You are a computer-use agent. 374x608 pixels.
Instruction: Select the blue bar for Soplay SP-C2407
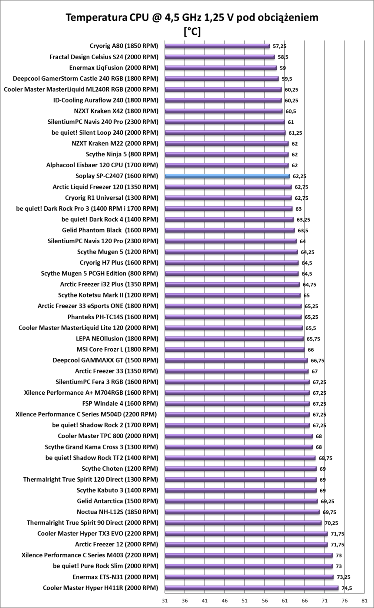227,176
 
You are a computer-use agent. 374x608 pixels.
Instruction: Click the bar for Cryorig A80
217,46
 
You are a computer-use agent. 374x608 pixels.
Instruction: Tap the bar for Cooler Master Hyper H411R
251,588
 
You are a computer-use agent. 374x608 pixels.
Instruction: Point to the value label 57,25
279,46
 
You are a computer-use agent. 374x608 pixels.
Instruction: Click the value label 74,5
346,588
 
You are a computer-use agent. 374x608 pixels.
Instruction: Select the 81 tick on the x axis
364,601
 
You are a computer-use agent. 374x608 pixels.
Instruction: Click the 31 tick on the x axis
164,601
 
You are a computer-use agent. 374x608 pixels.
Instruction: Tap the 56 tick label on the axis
264,601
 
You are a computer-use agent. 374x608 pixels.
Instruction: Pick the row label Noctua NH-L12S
117,512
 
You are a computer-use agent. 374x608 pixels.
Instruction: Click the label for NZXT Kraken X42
116,111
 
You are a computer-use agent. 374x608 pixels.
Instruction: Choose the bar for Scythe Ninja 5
226,154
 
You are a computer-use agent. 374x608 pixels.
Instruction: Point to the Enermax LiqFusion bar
220,68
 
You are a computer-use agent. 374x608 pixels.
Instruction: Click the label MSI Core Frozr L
117,349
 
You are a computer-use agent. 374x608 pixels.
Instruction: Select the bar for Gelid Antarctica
241,501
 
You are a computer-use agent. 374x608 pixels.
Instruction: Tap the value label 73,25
343,577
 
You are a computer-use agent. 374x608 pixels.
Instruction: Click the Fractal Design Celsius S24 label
104,57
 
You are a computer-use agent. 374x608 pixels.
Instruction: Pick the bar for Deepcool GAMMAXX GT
236,360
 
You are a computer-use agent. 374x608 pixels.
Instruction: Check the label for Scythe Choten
120,469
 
